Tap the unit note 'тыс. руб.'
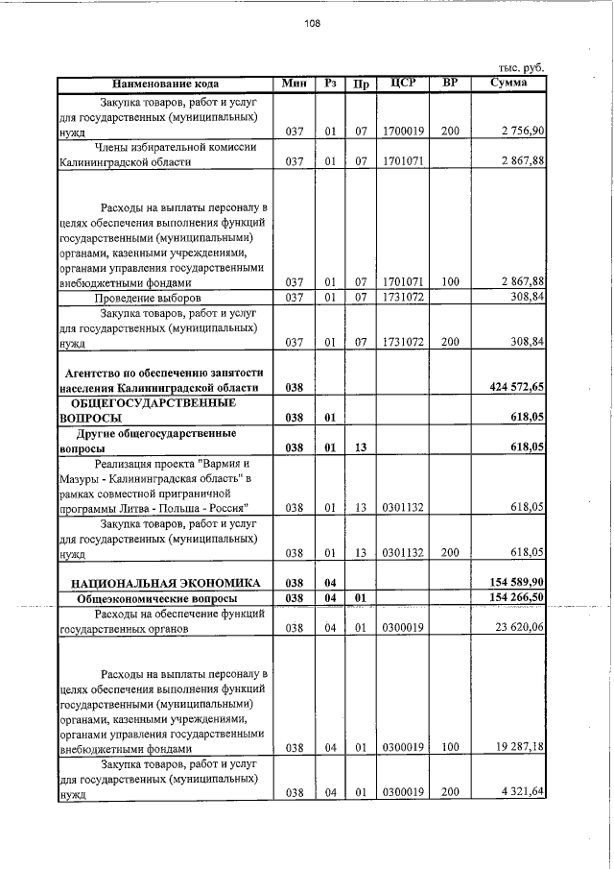(521, 68)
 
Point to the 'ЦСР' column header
(403, 84)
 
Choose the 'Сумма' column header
(506, 84)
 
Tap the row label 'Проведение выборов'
(147, 299)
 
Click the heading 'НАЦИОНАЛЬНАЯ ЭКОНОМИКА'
(159, 582)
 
